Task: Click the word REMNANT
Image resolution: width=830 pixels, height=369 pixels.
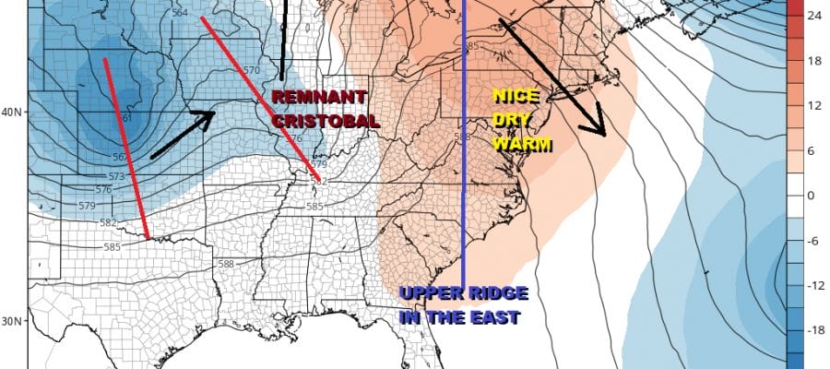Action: coord(319,97)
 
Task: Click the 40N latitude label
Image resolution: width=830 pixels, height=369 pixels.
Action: coord(12,113)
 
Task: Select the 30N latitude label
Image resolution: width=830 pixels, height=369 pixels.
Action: coord(12,321)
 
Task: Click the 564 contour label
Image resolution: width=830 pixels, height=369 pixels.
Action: coord(180,13)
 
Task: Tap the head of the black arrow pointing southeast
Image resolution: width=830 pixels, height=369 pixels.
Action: coord(599,129)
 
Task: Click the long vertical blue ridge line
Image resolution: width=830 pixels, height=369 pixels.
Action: coord(463,184)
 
